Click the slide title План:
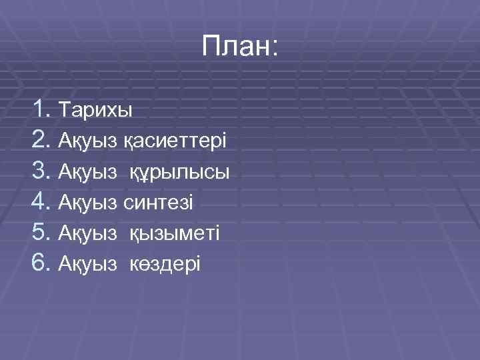241,48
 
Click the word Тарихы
95,109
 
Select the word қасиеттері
174,141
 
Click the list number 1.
41,107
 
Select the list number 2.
41,139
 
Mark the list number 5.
41,233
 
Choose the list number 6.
41,263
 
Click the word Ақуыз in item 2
89,141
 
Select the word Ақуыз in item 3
89,172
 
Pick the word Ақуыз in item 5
89,233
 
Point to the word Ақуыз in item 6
89,264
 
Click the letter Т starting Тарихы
65,109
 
